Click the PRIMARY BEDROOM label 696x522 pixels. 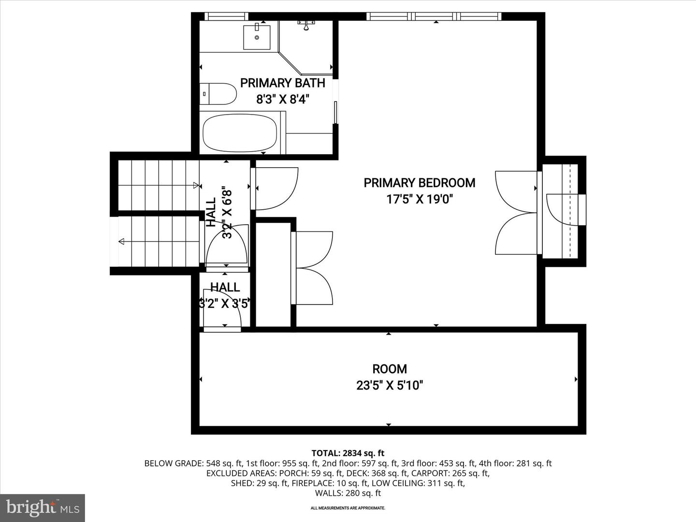[419, 183]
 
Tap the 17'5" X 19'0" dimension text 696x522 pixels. [419, 199]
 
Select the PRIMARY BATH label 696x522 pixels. [282, 83]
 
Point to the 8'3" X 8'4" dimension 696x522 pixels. [282, 100]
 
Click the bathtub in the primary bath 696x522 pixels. [240, 132]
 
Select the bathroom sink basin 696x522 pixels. [257, 37]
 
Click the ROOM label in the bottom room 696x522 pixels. [389, 369]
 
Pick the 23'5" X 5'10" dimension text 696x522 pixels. [389, 385]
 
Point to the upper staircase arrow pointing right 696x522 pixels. [196, 185]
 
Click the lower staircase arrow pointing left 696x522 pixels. [121, 241]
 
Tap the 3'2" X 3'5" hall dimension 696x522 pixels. [224, 304]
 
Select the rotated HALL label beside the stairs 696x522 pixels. [211, 213]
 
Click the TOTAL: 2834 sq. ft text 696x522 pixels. [348, 453]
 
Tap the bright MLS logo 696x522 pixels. [43, 507]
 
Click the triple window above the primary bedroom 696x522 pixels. [434, 16]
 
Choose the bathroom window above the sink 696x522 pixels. [227, 16]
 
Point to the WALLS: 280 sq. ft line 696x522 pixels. [348, 493]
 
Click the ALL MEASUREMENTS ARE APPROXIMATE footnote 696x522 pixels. [348, 508]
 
